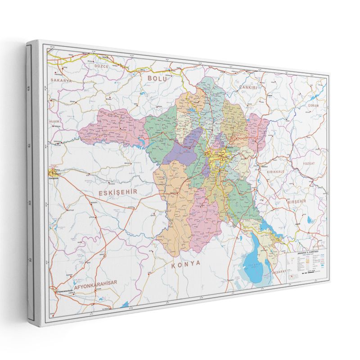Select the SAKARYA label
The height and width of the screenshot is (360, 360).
pos(61,80)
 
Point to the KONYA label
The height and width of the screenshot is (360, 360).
pos(185,265)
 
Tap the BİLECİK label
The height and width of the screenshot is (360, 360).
pos(54,121)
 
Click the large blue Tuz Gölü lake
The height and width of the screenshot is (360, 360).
pos(254,263)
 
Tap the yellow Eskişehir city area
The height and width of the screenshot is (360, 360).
pos(53,173)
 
